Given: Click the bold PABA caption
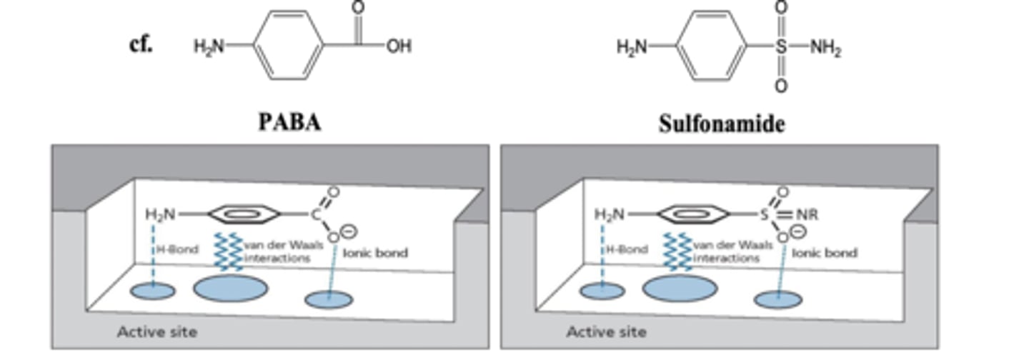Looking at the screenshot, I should coord(289,122).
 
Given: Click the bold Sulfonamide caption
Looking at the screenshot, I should coord(721,124).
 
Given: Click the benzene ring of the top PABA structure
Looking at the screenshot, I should coord(289,46).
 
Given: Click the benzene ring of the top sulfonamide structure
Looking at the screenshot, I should coord(712,46).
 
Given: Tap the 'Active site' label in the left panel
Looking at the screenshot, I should coord(156,331).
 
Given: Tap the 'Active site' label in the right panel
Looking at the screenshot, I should coord(606,331).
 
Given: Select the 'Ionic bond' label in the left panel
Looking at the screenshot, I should coord(375,253).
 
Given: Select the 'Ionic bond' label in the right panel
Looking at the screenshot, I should coord(825,253).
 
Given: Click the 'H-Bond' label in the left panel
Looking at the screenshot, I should coord(178,249).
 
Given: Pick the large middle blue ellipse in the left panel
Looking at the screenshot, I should coord(231,287).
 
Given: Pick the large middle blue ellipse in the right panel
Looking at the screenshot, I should coord(680,287).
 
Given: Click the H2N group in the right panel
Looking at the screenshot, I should coord(609,214).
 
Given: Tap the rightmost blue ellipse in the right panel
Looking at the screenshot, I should coord(777,299).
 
